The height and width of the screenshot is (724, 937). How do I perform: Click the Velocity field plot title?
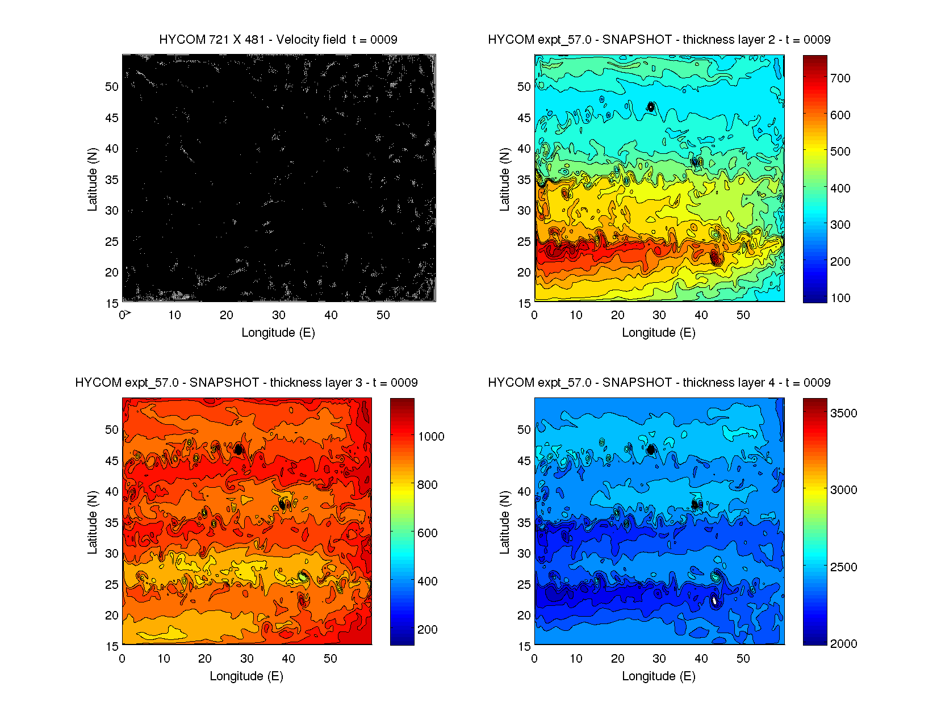click(x=278, y=40)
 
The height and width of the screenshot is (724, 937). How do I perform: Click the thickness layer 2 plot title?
click(x=659, y=40)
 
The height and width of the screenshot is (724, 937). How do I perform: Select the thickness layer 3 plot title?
click(x=246, y=383)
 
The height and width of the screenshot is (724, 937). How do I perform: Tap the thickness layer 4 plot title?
click(x=659, y=383)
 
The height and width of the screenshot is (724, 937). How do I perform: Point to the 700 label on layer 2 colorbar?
click(x=840, y=78)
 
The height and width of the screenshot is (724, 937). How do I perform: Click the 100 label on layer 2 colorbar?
click(x=840, y=298)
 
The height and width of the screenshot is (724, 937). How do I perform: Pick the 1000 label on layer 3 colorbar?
click(x=431, y=437)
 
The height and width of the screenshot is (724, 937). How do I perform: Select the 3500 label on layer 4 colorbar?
click(x=843, y=413)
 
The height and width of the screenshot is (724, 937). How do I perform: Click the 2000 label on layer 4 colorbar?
click(x=843, y=644)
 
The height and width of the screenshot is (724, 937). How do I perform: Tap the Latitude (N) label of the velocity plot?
click(x=92, y=179)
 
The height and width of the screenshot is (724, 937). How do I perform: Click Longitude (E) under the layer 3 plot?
click(x=246, y=676)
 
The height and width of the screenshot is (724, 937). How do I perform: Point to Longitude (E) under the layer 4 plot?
click(x=659, y=676)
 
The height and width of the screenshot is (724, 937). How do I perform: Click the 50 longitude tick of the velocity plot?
click(x=383, y=315)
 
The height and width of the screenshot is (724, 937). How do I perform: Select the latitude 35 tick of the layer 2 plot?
click(x=524, y=180)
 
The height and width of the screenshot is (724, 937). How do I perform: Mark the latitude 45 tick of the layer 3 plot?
click(x=112, y=461)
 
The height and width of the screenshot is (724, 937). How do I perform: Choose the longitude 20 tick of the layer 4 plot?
click(x=617, y=659)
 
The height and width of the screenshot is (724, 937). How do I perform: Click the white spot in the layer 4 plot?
click(x=714, y=600)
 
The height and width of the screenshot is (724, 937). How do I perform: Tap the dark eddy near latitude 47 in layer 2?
click(x=651, y=107)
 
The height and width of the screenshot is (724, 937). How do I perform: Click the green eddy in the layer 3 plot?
click(x=303, y=577)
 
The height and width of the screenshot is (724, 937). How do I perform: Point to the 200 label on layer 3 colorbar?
click(x=427, y=630)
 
